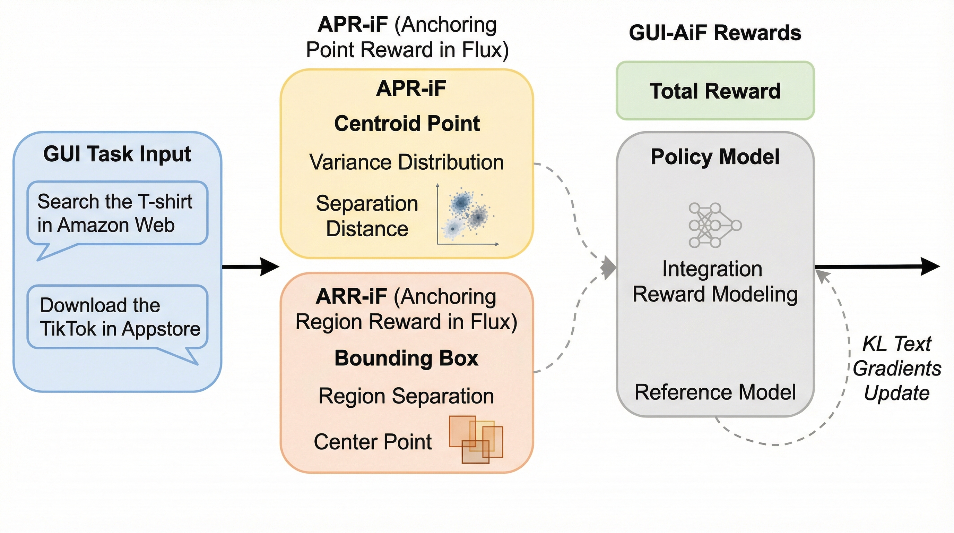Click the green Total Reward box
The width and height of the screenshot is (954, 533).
coord(715,91)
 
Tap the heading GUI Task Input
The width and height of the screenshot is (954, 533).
coord(117,154)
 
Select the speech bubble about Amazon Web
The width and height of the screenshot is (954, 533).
coord(117,213)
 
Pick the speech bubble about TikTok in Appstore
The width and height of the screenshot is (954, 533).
coord(117,317)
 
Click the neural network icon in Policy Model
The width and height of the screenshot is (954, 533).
coord(715,225)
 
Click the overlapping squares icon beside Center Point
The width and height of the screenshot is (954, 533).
coord(476,439)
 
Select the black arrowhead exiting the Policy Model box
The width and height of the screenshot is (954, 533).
coord(929,266)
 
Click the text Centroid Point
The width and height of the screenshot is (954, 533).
coord(407,124)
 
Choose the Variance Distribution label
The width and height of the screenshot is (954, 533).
coord(407,162)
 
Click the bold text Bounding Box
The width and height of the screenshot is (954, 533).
coord(406,358)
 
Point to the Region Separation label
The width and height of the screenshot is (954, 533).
coord(406,396)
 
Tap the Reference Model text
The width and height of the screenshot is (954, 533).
coord(715,392)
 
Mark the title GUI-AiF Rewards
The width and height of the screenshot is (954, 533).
coord(715,33)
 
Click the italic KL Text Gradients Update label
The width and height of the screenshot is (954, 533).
coord(896,369)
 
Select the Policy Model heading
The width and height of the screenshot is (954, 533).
coord(715,156)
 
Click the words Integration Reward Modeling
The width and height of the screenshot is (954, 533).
coord(715,281)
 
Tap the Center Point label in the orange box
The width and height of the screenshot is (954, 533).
coord(373,442)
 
